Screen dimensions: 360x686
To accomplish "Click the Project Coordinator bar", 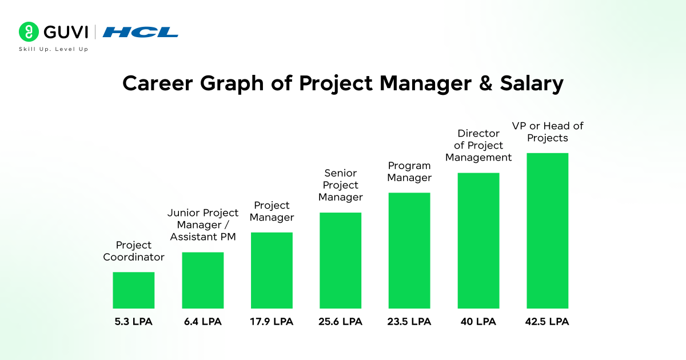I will click(x=134, y=290).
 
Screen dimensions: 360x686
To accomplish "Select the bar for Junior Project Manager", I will click(x=203, y=280).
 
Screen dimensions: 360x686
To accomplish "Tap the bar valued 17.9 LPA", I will click(x=272, y=270).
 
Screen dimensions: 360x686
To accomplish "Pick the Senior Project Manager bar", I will click(x=341, y=261).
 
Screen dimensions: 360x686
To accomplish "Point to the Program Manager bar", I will click(x=409, y=250).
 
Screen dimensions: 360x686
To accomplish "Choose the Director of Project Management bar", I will click(x=478, y=241).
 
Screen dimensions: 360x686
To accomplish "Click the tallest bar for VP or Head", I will click(x=548, y=231).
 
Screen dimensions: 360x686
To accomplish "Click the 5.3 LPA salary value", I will click(x=134, y=322).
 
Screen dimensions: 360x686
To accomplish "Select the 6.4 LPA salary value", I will click(x=203, y=322).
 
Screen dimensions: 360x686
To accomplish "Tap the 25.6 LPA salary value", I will click(x=341, y=322).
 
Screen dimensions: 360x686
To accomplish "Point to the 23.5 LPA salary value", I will click(x=409, y=322).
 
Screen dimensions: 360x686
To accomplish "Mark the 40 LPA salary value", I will click(x=478, y=322).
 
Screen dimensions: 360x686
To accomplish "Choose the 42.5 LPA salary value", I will click(x=548, y=322).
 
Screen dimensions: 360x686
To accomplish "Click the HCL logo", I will click(x=141, y=32).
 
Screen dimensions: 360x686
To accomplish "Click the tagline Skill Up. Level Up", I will click(x=54, y=49).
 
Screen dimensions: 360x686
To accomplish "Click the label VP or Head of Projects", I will click(x=547, y=132).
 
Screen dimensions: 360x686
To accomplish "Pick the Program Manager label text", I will click(x=409, y=171).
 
